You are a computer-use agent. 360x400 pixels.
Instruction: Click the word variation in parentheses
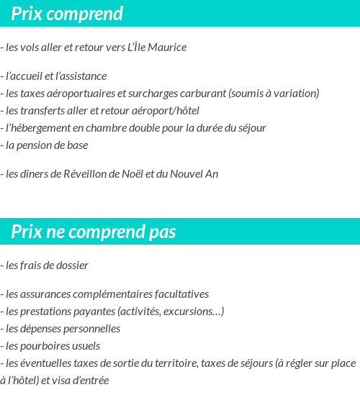(x=295, y=93)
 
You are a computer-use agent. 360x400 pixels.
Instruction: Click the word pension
(x=34, y=145)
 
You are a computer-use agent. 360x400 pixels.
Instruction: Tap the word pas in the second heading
(x=162, y=232)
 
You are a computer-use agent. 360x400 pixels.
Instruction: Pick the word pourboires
(x=41, y=346)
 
